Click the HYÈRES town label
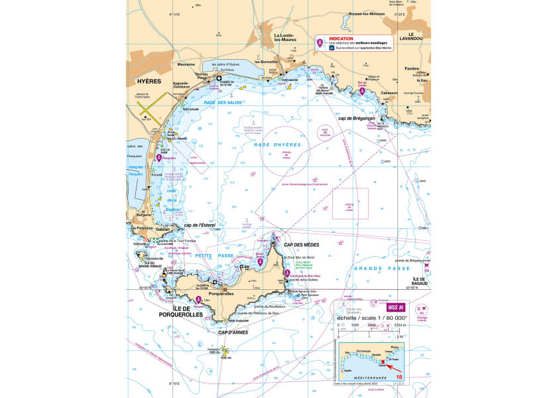pos(149,81)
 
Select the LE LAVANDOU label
pos(415,38)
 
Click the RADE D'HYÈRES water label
pos(282,144)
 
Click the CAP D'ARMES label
pos(233,332)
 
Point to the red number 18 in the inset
pos(398,377)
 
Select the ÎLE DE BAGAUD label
pos(418,283)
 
